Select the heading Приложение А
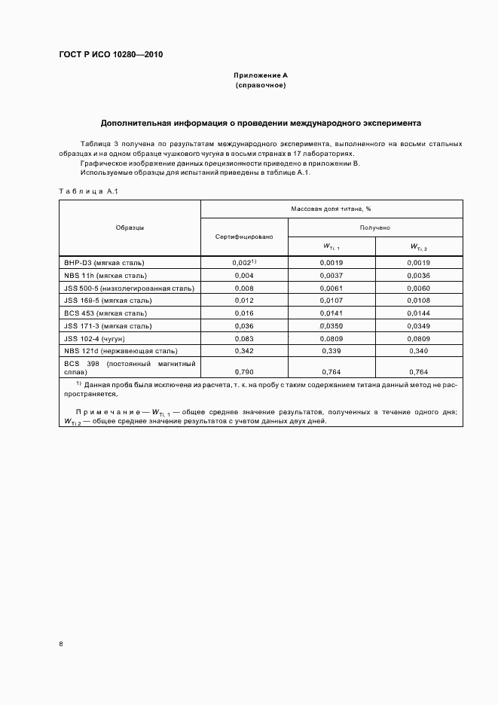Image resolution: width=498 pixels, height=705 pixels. [x=260, y=75]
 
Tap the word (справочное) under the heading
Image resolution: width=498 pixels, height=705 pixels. [x=260, y=86]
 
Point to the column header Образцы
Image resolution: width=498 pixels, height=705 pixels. [x=130, y=227]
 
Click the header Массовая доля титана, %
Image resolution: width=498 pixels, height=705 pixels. [x=331, y=209]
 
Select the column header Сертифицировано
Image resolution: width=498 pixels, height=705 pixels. [x=243, y=237]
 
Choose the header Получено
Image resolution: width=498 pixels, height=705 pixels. [x=374, y=227]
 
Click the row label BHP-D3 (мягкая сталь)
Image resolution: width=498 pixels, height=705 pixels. [x=104, y=263]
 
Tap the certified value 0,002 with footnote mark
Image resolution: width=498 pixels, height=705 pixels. [x=243, y=262]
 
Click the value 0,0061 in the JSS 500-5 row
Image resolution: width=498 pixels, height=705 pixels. [x=331, y=288]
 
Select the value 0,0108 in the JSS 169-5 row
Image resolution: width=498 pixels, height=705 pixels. [x=419, y=301]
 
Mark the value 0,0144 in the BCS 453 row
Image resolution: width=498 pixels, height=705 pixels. [x=419, y=313]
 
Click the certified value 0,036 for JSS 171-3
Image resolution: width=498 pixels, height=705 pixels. [x=243, y=326]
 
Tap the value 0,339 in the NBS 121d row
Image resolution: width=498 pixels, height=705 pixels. [x=331, y=351]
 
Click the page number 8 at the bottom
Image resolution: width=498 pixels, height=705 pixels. [x=61, y=643]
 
